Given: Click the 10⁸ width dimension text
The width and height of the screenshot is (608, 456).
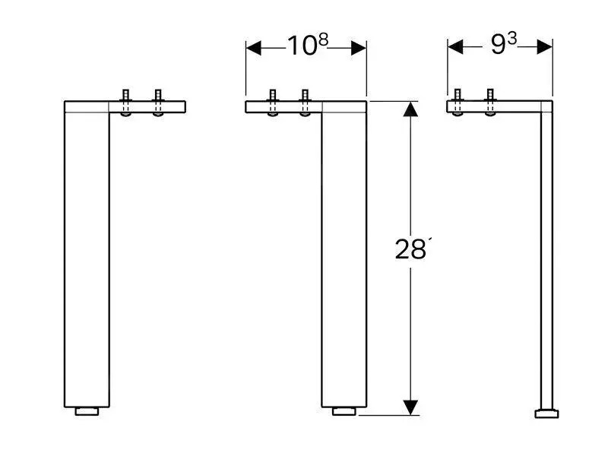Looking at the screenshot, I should pos(307,46).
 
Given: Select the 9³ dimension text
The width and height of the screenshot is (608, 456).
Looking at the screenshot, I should pos(502,46).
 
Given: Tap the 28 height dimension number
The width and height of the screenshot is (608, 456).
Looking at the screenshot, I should pos(410,249).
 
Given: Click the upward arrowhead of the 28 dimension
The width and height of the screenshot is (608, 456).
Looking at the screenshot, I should pos(410,112).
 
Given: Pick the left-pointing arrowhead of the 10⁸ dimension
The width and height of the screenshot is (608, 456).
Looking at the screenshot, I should pos(255,48).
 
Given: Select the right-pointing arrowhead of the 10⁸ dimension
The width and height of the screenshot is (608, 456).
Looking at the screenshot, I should pos(358,48).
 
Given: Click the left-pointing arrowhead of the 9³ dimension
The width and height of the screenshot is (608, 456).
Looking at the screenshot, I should pos(455,47).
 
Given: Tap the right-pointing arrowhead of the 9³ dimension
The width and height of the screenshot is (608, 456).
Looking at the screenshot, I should pos(544,47).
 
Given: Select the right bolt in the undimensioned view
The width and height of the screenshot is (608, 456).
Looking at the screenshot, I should pos(158,103).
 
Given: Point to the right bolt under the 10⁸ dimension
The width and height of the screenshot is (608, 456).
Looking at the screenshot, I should pos(305,103).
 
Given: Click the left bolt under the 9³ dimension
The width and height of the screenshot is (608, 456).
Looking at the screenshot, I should pos(458,103).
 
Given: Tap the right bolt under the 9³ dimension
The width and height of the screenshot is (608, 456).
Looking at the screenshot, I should pos(489,103).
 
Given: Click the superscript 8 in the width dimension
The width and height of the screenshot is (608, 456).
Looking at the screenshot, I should pos(323,40).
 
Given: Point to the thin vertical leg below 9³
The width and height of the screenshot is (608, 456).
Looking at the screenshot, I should pos(545,258).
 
